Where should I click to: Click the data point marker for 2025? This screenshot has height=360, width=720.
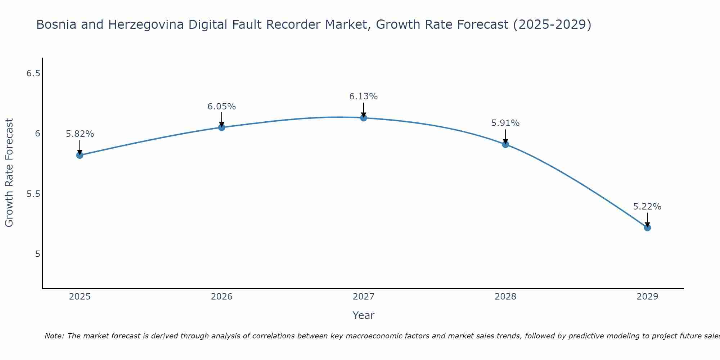coord(80,155)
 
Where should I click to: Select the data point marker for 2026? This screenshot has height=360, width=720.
coord(221,127)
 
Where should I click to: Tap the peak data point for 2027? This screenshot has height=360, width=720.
coord(364,118)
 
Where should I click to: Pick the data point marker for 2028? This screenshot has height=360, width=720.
coord(505,144)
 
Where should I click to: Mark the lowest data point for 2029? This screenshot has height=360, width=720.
coord(647,228)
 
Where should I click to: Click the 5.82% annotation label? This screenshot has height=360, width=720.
coord(80,134)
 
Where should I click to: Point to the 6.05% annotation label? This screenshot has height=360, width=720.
coord(221,107)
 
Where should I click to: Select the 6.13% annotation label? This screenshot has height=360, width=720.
coord(364,96)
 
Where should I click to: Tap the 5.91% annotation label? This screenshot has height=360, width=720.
coord(505,123)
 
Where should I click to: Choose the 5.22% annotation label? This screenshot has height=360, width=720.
coord(647,207)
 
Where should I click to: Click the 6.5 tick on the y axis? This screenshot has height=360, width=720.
coord(33,73)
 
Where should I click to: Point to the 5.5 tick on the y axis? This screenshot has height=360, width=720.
coord(33,194)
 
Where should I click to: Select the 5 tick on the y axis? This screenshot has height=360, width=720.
coord(37,254)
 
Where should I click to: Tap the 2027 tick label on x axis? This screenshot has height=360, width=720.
coord(364,297)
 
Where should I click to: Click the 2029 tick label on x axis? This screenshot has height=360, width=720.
coord(647,297)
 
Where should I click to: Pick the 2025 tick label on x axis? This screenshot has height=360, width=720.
coord(80,297)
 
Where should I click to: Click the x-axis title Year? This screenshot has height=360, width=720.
coord(364,315)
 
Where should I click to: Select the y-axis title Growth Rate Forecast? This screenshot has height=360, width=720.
coord(9,173)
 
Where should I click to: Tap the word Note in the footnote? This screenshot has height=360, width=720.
coord(54,336)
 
